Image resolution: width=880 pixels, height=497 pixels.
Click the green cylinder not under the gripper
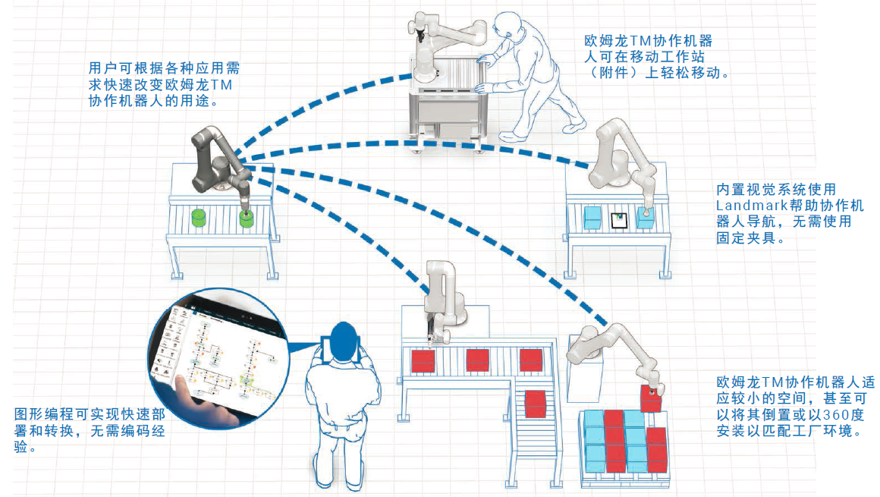pos(200,218)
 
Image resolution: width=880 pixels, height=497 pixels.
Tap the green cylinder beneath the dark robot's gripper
pos(247,219)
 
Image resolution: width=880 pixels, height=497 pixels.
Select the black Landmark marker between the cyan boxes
pos(618,220)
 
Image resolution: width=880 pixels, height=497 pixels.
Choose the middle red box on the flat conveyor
pos(477,360)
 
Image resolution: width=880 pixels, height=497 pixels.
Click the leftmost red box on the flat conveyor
pos(423,360)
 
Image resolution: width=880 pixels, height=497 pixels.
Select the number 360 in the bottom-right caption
pos(826,416)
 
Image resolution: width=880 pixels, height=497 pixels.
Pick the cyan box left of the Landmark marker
pos(593,219)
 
